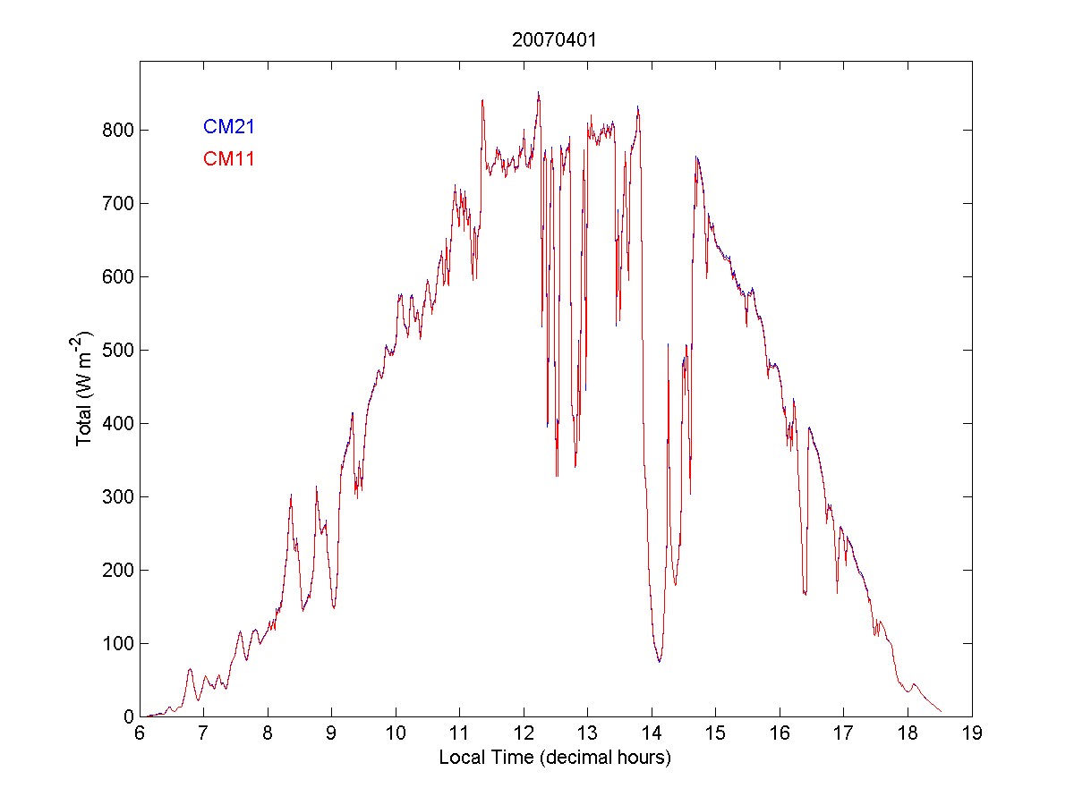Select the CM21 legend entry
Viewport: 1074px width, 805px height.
(229, 126)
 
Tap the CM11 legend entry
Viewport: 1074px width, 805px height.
(229, 159)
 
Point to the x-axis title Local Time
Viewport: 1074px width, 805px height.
(555, 758)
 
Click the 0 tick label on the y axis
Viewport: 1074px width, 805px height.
(126, 716)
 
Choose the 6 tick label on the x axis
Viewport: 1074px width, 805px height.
(140, 733)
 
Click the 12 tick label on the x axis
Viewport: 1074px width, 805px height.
(524, 733)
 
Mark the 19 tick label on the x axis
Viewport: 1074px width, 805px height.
(972, 733)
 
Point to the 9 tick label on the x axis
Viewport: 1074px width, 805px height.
(332, 733)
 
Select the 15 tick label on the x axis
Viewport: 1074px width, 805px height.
(716, 733)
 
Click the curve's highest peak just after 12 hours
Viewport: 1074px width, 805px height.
(538, 92)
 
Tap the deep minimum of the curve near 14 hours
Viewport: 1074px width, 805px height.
(660, 661)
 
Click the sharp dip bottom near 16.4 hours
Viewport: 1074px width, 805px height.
(805, 593)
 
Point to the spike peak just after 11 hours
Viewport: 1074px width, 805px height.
(482, 100)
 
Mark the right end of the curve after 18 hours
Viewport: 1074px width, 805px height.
(941, 711)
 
